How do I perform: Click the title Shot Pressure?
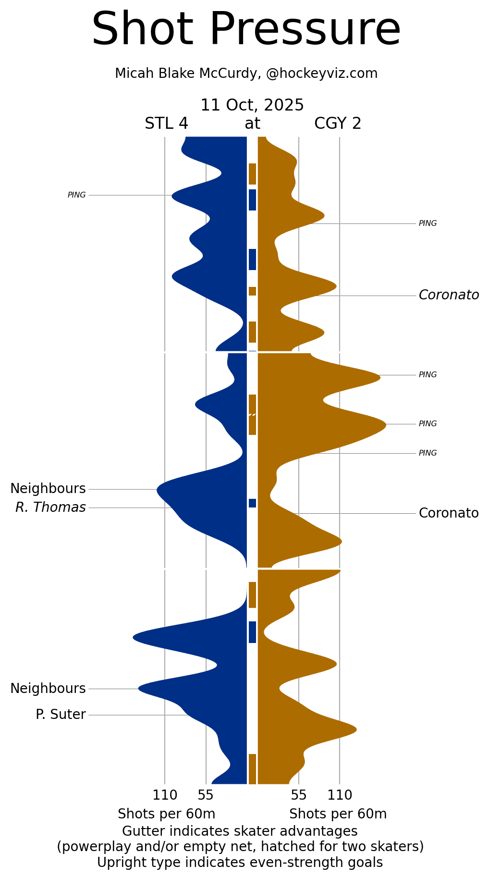(246, 30)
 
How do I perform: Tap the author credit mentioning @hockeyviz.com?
(246, 74)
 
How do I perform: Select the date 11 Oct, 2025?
(252, 105)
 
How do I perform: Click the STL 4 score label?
(166, 124)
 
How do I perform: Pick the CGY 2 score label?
(338, 124)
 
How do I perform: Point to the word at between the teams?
(252, 124)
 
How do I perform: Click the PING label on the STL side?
(77, 195)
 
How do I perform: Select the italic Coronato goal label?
(449, 295)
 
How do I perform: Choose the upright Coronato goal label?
(449, 513)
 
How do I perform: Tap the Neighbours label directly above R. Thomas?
(48, 489)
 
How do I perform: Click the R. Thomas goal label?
(50, 507)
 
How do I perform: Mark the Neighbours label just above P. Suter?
(48, 689)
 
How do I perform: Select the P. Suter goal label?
(61, 715)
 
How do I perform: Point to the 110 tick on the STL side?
(165, 795)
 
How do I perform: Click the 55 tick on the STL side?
(206, 795)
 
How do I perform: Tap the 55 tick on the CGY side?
(298, 795)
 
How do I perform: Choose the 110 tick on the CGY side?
(340, 795)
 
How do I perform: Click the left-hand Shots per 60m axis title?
(166, 814)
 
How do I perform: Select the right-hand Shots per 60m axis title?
(338, 814)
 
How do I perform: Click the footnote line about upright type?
(240, 863)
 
